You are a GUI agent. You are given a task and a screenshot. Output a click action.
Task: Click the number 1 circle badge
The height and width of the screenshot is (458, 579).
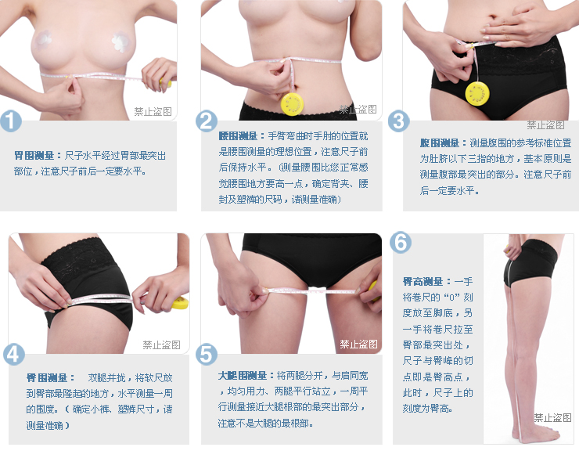tap(9, 121)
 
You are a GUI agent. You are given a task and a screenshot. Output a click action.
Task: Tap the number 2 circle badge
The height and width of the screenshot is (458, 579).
tap(207, 121)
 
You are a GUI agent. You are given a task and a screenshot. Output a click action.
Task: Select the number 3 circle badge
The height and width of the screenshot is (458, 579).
tap(399, 121)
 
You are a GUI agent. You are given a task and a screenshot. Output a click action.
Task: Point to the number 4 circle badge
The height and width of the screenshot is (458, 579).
tap(14, 354)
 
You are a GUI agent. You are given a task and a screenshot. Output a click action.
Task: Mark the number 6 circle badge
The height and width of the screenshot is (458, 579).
tap(400, 242)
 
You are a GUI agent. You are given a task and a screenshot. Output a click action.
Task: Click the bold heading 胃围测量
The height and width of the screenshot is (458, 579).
tap(34, 156)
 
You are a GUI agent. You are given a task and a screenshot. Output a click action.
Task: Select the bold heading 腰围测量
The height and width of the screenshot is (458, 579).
tap(238, 135)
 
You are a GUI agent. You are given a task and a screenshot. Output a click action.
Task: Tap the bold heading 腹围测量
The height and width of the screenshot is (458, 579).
tap(440, 143)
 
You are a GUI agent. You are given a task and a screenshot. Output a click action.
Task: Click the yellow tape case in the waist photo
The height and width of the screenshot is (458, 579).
tap(292, 103)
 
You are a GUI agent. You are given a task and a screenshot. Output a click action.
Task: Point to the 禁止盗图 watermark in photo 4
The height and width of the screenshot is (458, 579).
tap(161, 344)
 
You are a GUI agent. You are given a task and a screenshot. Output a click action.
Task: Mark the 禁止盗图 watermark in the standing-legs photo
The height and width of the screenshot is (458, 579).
tap(552, 418)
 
